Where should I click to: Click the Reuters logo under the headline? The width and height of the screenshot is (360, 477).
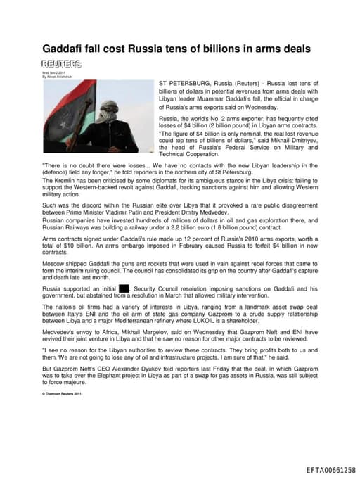[61, 64]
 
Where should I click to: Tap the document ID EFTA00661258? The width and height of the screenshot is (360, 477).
[331, 470]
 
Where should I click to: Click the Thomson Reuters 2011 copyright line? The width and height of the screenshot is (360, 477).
[63, 394]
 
